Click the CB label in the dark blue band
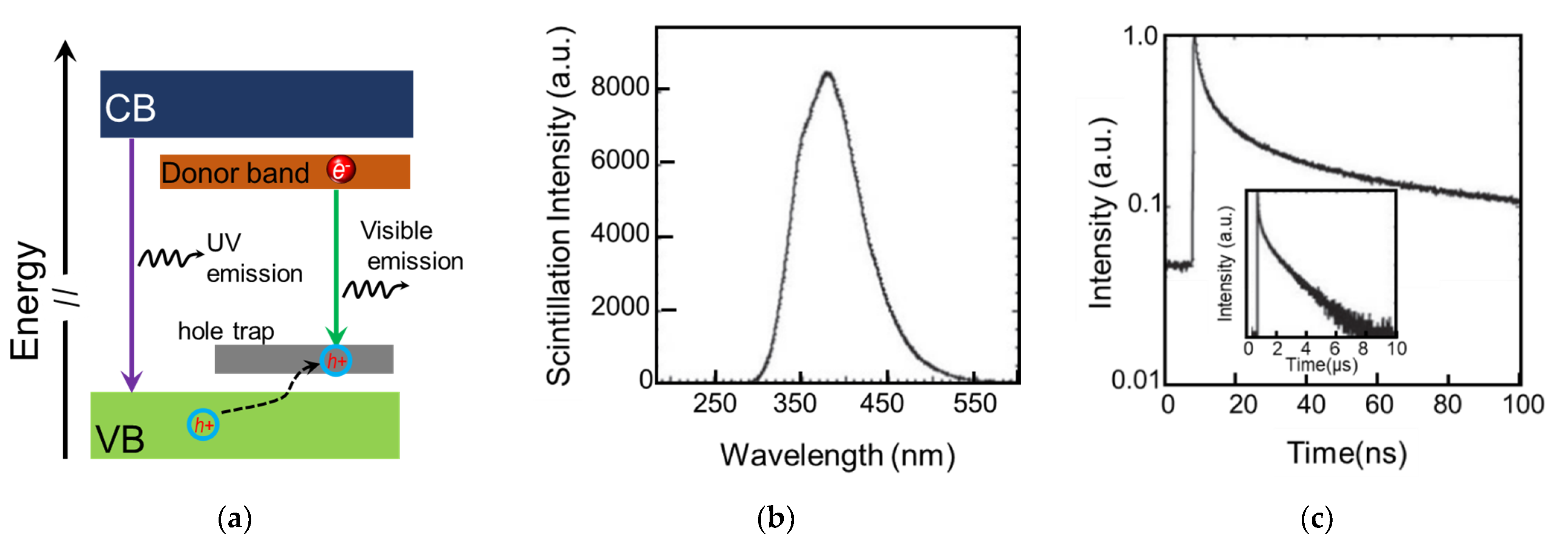click(130, 109)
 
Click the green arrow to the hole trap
click(336, 265)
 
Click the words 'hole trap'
click(226, 331)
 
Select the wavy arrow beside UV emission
click(170, 258)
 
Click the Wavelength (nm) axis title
click(837, 455)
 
